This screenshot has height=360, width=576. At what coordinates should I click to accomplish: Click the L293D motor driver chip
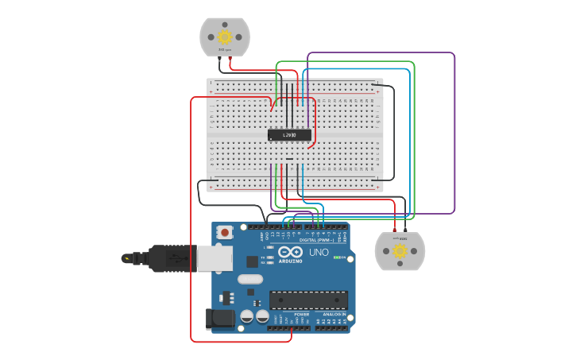tap(289, 135)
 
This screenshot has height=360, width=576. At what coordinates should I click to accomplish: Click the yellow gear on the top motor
tap(224, 37)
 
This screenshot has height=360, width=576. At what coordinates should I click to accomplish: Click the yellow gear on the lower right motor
tap(400, 251)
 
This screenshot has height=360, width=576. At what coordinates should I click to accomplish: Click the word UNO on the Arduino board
tap(319, 253)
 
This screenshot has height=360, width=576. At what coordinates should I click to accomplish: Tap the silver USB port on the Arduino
tap(215, 258)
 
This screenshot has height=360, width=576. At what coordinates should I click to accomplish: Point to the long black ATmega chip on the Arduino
tap(308, 300)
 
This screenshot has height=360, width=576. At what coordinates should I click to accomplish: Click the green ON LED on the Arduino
tap(337, 257)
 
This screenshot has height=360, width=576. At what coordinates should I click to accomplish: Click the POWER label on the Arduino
tap(302, 314)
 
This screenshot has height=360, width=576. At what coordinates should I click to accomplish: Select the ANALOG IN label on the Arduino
tap(333, 314)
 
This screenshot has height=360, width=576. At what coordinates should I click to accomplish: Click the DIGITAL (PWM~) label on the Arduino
tap(317, 239)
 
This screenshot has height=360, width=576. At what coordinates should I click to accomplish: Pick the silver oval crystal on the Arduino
tap(249, 279)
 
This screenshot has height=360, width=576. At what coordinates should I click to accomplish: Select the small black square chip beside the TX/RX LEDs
tap(252, 261)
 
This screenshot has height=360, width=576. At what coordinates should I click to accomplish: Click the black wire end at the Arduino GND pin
tap(265, 226)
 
